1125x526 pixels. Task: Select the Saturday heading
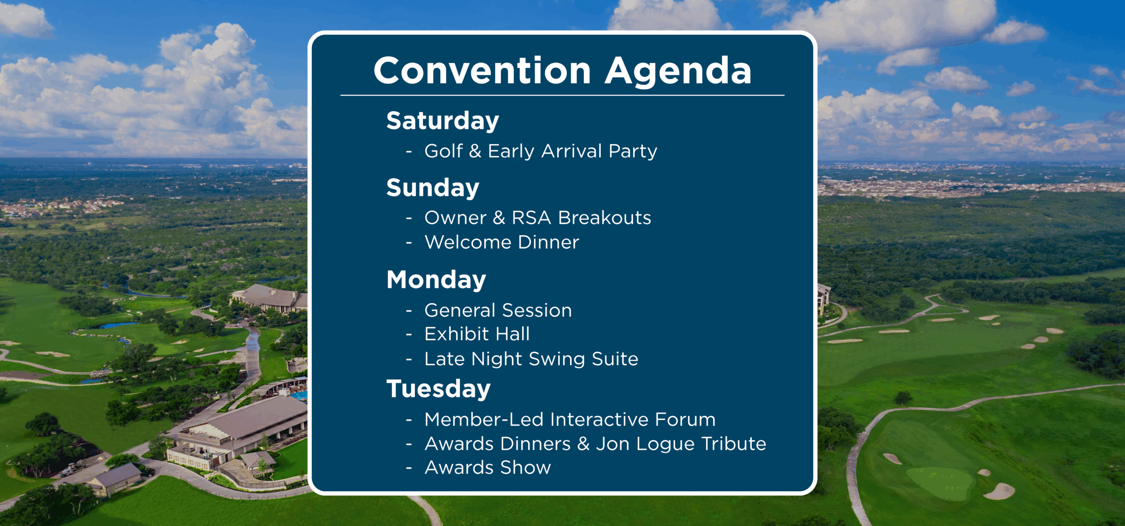click(x=443, y=121)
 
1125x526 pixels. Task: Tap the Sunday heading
click(x=433, y=189)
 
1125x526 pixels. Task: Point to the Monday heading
click(x=436, y=280)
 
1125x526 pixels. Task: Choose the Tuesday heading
click(x=438, y=389)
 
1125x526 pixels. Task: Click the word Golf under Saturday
click(x=444, y=151)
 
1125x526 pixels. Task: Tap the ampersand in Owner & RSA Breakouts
click(x=499, y=218)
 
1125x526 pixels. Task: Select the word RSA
click(x=532, y=218)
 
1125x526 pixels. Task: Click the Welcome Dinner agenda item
click(x=502, y=242)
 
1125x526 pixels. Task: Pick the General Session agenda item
click(x=498, y=310)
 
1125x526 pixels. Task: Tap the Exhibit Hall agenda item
click(x=477, y=334)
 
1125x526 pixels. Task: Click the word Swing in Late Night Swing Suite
click(x=557, y=359)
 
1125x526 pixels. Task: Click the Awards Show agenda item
click(x=488, y=468)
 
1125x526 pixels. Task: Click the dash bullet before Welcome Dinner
click(x=409, y=243)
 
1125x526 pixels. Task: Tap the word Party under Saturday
click(x=633, y=152)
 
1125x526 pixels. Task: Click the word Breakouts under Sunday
click(x=605, y=218)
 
